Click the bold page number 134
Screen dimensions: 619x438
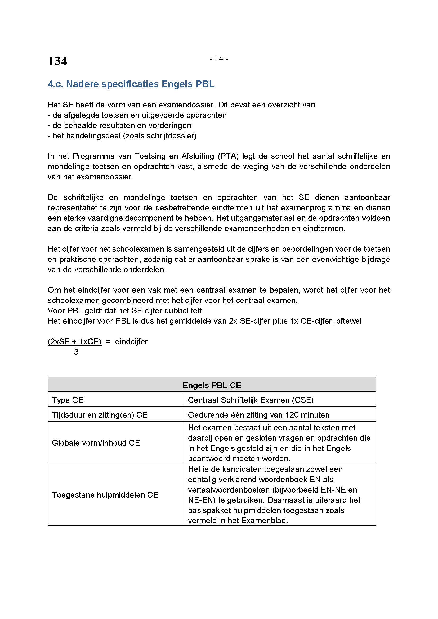(57, 61)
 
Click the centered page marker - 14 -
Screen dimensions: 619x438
(219, 58)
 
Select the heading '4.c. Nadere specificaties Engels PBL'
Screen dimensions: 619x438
(131, 84)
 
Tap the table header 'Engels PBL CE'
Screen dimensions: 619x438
(212, 385)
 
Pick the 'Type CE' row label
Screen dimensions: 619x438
(68, 400)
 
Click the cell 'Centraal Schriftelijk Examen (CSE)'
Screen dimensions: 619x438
(251, 400)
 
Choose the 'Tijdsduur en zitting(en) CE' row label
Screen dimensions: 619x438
(100, 415)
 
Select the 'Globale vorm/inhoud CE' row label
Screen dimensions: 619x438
(96, 443)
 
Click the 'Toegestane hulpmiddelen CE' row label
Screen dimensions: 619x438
(105, 495)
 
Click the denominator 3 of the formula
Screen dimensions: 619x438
(76, 352)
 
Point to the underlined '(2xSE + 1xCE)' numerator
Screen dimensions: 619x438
(74, 342)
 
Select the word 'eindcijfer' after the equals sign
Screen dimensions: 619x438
(131, 342)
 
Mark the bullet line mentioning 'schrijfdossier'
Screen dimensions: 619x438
(122, 135)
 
